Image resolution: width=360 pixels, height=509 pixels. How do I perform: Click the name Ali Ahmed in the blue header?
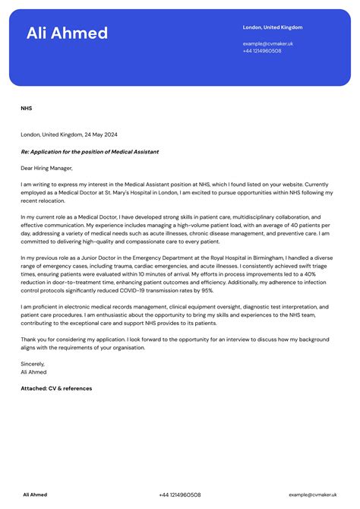(x=67, y=33)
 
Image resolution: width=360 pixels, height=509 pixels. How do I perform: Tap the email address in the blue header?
(x=267, y=44)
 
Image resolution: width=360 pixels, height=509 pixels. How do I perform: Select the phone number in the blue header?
(x=262, y=51)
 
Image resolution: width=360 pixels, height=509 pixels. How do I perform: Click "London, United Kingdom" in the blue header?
(x=272, y=27)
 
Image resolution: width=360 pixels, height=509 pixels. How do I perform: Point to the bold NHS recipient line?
(x=26, y=109)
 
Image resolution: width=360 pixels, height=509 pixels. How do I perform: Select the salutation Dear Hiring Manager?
(x=46, y=168)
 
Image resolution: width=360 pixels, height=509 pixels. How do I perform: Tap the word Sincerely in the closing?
(x=33, y=364)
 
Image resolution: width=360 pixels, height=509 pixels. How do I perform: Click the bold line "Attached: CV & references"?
(x=56, y=388)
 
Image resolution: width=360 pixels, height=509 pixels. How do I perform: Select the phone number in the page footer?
(x=180, y=495)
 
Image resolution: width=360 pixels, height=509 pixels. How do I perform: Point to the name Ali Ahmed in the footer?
(x=35, y=495)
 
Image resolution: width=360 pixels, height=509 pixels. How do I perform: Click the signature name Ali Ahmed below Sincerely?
(x=33, y=372)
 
